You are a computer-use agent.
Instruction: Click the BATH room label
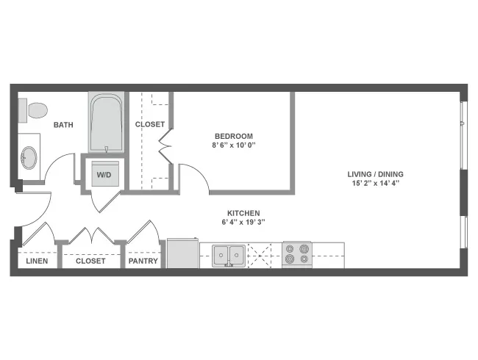(x=63, y=125)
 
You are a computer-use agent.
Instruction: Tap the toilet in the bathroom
(x=33, y=112)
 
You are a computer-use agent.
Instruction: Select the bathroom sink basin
(x=29, y=156)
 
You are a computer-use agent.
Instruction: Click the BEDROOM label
(x=234, y=136)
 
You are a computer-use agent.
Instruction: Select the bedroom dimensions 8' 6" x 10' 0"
(x=234, y=145)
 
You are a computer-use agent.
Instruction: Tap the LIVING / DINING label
(x=376, y=174)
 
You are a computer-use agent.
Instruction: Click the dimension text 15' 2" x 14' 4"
(x=376, y=184)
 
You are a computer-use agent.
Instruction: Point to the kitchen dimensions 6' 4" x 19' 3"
(x=243, y=222)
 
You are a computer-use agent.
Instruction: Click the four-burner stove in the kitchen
(x=297, y=254)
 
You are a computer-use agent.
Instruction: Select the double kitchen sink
(x=229, y=255)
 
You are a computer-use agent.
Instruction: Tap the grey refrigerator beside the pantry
(x=183, y=253)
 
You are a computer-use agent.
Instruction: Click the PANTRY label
(x=143, y=261)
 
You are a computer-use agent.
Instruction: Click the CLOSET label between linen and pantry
(x=90, y=261)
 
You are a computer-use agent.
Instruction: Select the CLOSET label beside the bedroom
(x=149, y=124)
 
